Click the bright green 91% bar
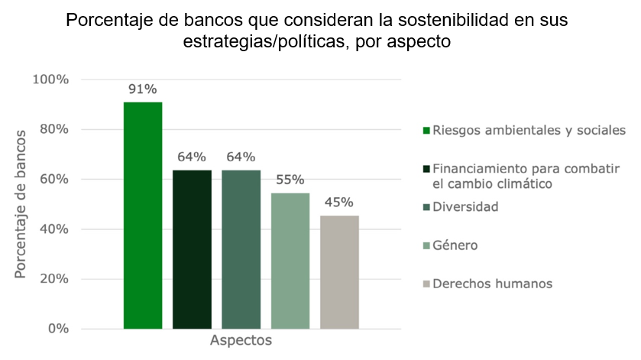coord(143,215)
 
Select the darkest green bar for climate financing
coord(192,249)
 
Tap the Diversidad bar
coord(241,249)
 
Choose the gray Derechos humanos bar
coord(339,272)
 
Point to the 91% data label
coord(143,88)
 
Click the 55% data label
coord(290,180)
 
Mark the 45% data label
coord(339,203)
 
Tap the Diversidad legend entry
coord(465,206)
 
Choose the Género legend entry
coord(455,245)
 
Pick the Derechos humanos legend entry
coord(492,284)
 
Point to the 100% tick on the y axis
coord(53,79)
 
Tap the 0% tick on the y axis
coord(60,329)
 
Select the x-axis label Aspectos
coord(241,340)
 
